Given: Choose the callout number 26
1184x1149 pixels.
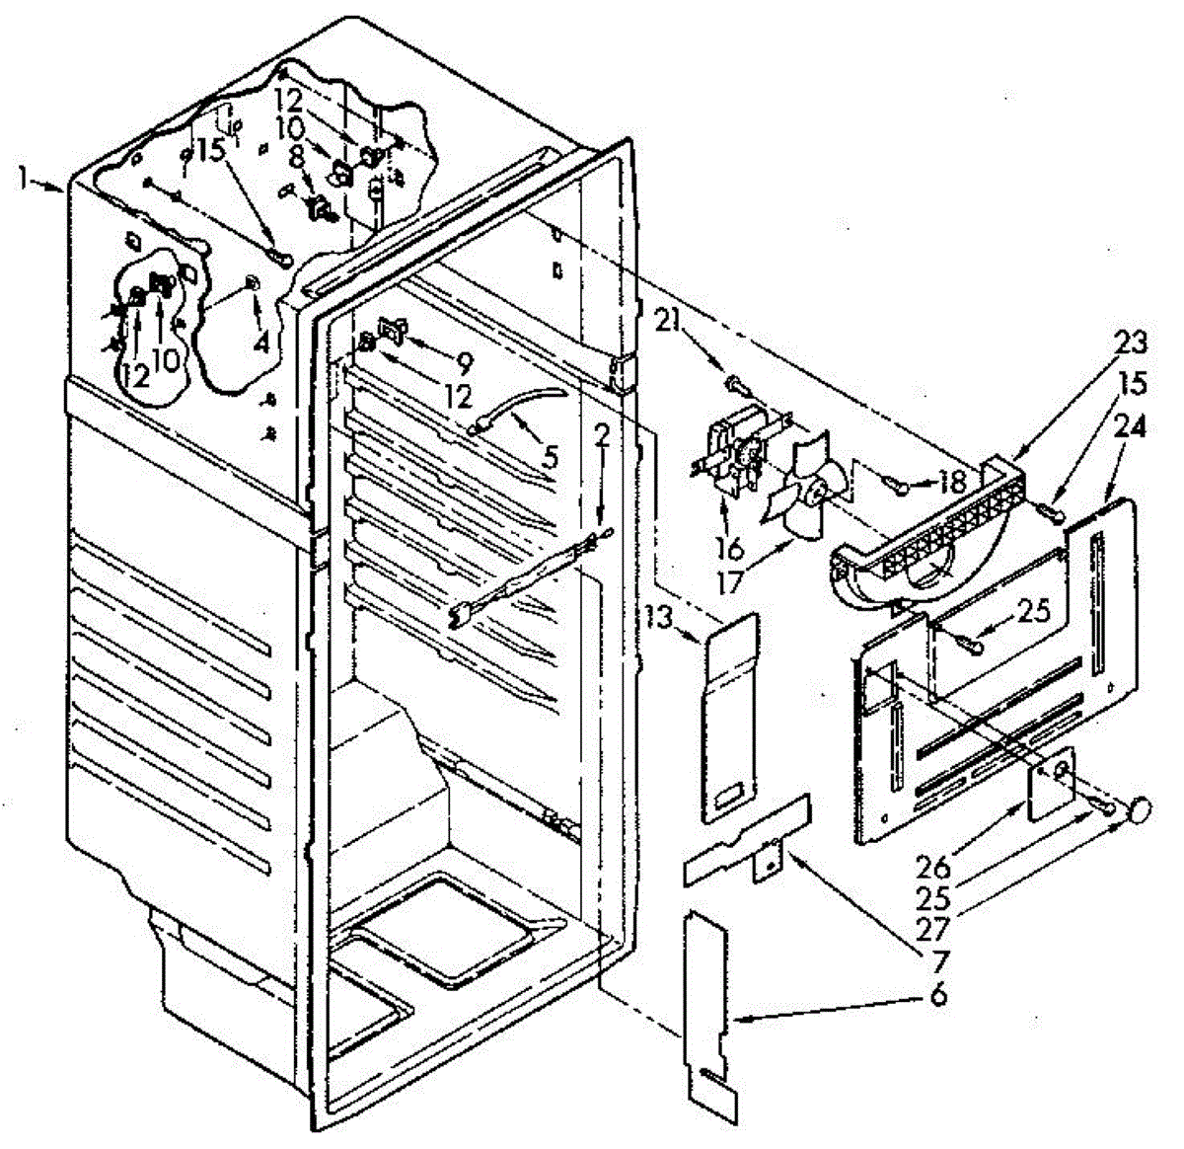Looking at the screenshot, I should pos(933,868).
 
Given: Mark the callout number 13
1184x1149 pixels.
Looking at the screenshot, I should pos(660,619).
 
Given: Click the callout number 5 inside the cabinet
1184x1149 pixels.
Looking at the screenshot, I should pos(550,456).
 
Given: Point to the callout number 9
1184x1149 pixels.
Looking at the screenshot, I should pos(465,360).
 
